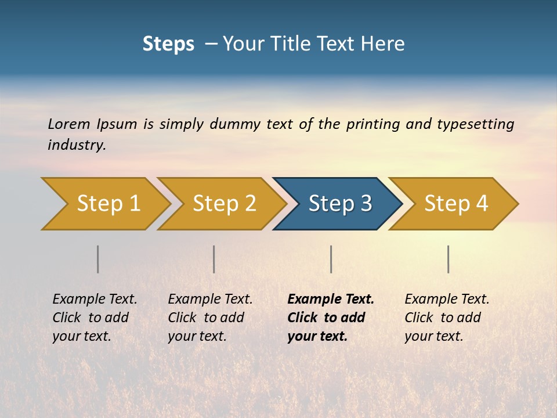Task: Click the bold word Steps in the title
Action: pyautogui.click(x=168, y=44)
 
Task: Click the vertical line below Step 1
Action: pyautogui.click(x=98, y=259)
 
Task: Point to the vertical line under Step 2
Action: pyautogui.click(x=214, y=259)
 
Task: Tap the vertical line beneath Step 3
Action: pyautogui.click(x=331, y=259)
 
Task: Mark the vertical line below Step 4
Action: pyautogui.click(x=449, y=259)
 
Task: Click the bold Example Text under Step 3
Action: pyautogui.click(x=331, y=317)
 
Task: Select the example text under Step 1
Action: pyautogui.click(x=95, y=317)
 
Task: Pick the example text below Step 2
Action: pyautogui.click(x=210, y=317)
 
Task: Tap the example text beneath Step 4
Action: pyautogui.click(x=447, y=317)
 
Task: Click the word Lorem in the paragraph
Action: pyautogui.click(x=68, y=124)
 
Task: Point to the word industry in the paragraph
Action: pyautogui.click(x=76, y=145)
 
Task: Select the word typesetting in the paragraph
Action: pyautogui.click(x=475, y=124)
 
